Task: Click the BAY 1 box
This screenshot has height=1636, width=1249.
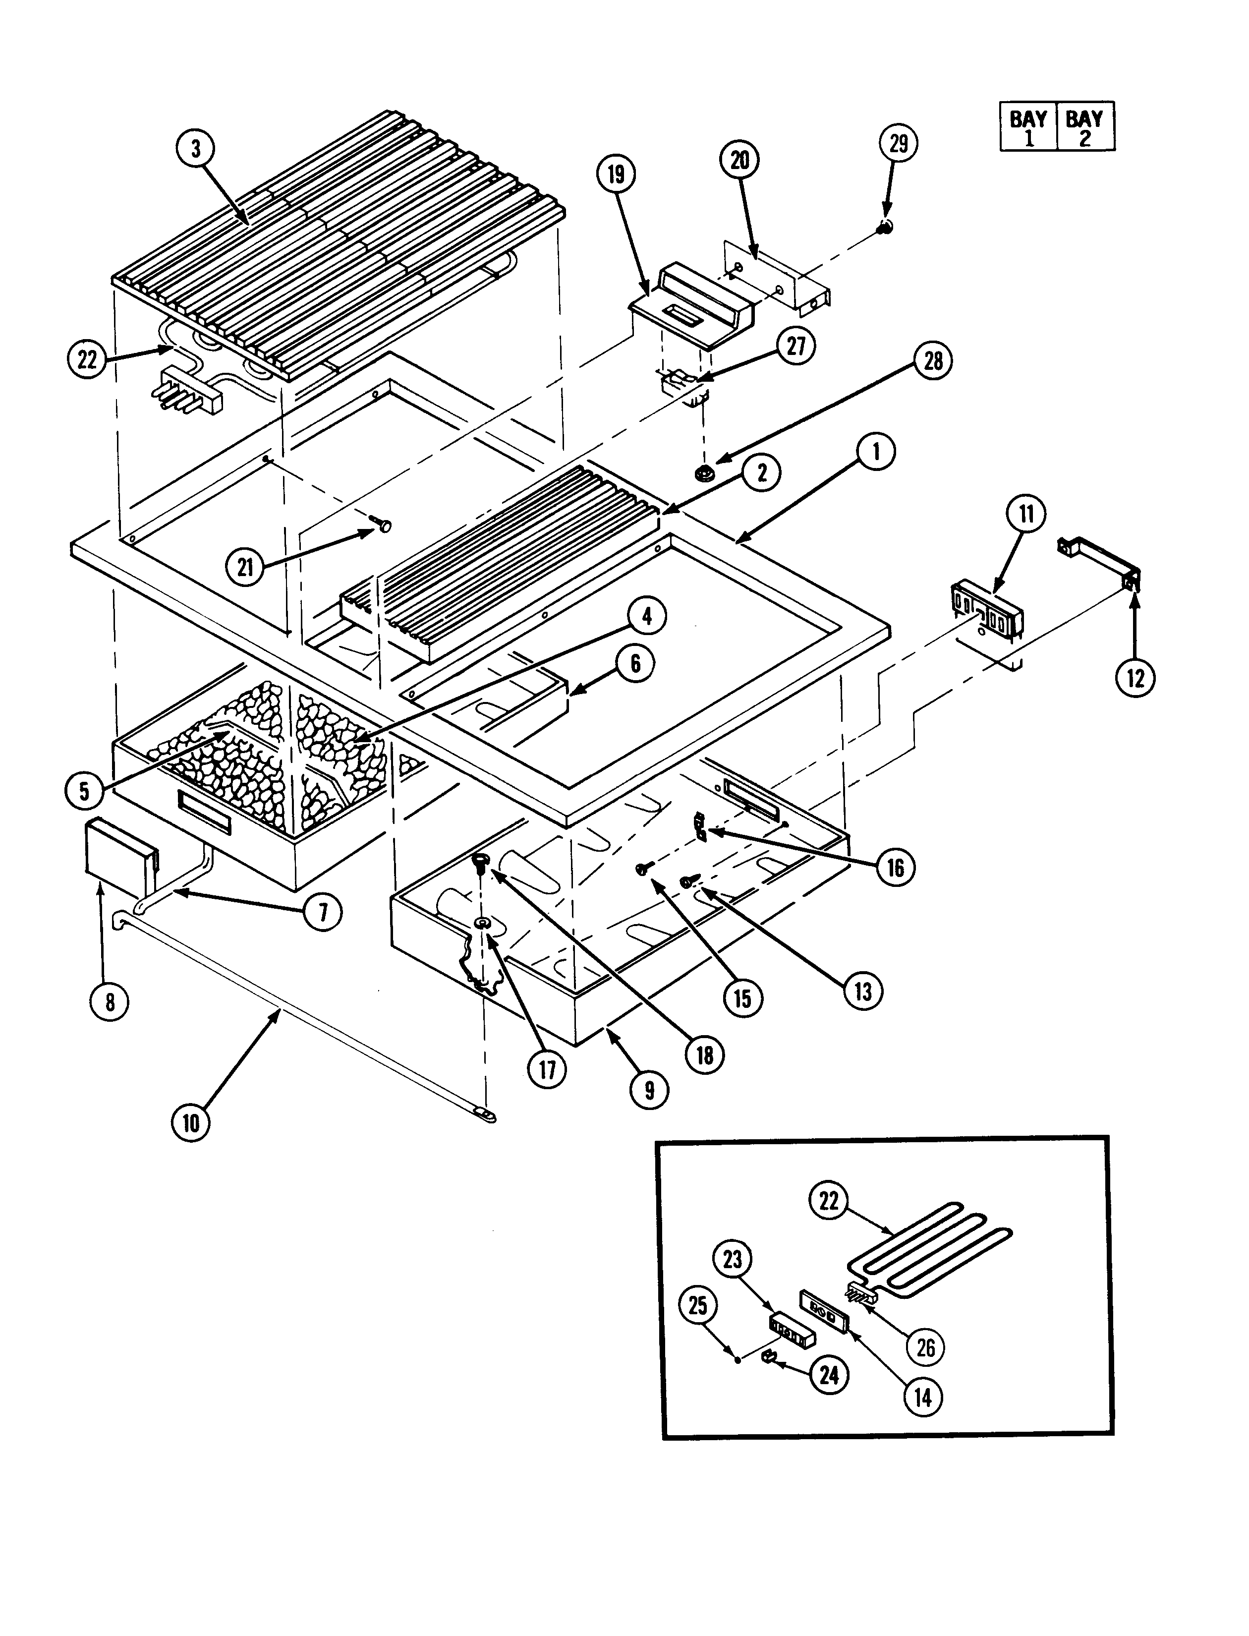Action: [x=1028, y=127]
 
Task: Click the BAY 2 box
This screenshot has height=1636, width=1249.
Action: [x=1084, y=127]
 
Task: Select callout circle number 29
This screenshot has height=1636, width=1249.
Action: [x=899, y=144]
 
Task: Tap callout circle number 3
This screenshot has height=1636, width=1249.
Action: [x=195, y=149]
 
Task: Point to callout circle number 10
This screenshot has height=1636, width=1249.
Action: [x=191, y=1123]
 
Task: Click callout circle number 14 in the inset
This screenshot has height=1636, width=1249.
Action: [x=923, y=1397]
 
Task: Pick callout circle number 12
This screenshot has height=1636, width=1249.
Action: [x=1135, y=677]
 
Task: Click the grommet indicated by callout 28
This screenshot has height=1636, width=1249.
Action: [x=703, y=471]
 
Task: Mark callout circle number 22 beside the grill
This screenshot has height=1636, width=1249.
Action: [x=87, y=359]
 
